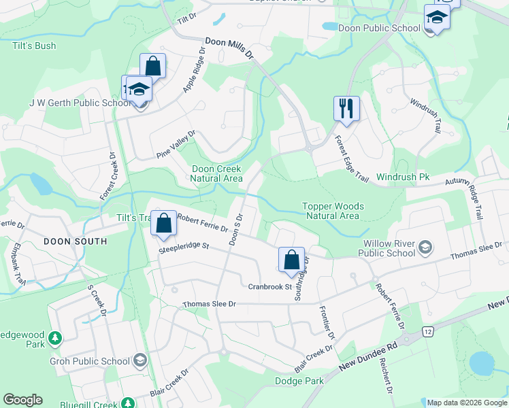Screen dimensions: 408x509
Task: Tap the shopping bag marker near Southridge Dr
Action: [291, 260]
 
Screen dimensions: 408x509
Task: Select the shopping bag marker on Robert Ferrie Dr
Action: [164, 224]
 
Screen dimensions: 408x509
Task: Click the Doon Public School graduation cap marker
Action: [436, 18]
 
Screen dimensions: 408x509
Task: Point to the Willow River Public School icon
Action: [426, 245]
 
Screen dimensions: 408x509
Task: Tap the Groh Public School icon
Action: [140, 360]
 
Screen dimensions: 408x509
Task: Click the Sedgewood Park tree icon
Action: [54, 337]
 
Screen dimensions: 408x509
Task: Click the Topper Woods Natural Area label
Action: [332, 211]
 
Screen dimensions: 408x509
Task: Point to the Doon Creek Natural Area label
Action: [216, 173]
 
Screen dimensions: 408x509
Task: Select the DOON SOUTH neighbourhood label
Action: [75, 241]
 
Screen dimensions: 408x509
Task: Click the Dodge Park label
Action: [299, 381]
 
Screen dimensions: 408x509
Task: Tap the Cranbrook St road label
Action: [269, 286]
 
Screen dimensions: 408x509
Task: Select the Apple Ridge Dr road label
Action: [193, 71]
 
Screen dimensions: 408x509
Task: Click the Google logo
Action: [22, 400]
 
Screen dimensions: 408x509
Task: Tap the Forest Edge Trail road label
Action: [351, 159]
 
